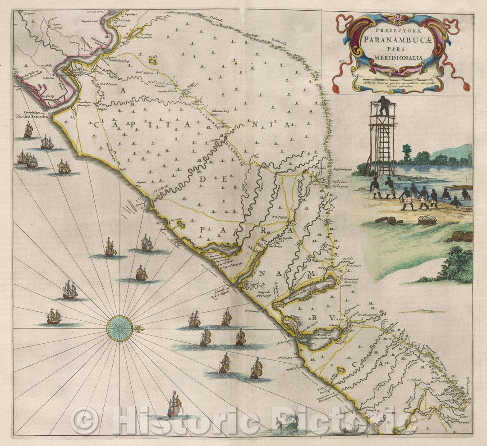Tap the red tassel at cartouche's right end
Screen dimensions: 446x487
click(x=463, y=85)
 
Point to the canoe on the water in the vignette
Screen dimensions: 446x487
click(x=462, y=187)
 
